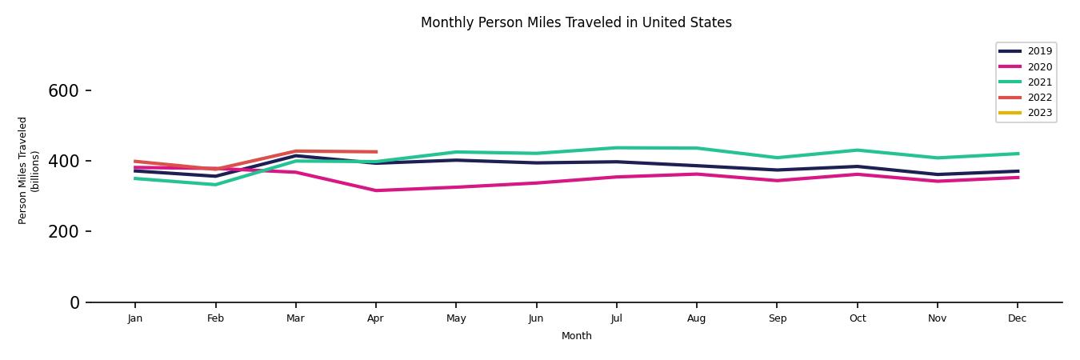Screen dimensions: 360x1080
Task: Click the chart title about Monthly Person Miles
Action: [x=576, y=22]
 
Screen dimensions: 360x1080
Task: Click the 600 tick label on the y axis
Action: [x=63, y=91]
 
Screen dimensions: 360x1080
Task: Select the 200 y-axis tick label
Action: [x=63, y=232]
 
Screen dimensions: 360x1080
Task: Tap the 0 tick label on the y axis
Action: [x=74, y=302]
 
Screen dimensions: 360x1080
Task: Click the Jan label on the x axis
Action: [x=135, y=318]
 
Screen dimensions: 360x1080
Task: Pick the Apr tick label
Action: [x=375, y=318]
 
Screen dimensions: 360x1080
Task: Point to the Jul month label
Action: [x=616, y=318]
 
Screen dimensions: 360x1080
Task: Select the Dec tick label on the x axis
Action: [x=1017, y=318]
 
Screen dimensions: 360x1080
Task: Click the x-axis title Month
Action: [x=576, y=336]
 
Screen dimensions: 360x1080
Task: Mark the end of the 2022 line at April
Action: [x=376, y=152]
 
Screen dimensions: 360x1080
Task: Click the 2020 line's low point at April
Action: [x=376, y=190]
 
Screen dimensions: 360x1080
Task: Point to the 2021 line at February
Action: [x=215, y=185]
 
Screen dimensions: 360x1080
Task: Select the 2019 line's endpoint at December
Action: [x=1018, y=171]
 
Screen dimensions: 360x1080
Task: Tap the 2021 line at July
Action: [x=616, y=148]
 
